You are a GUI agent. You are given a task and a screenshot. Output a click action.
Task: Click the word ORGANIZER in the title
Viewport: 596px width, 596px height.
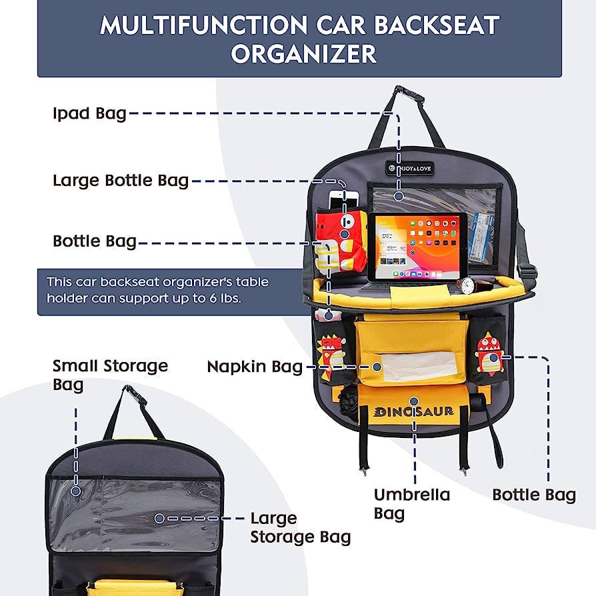coord(303,53)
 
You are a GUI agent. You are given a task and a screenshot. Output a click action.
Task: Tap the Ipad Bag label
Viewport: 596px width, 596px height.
coord(89,113)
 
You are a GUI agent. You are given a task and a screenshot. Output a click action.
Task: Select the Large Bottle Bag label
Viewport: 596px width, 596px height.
coord(121,181)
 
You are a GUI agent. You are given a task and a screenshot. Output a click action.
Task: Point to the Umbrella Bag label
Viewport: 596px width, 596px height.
coord(411,503)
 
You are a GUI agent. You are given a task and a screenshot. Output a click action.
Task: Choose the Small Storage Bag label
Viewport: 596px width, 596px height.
coord(110,375)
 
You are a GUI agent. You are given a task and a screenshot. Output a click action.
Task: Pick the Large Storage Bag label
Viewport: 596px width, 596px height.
coord(300,527)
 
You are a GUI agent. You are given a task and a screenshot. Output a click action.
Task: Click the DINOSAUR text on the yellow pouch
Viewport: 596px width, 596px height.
coord(414,411)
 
